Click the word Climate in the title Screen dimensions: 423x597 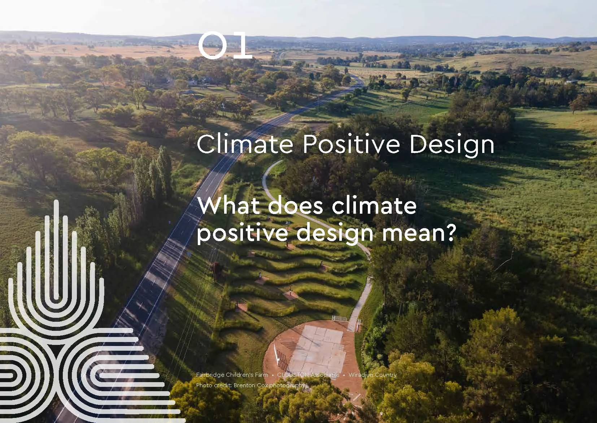(x=244, y=144)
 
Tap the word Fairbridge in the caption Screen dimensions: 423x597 (x=210, y=375)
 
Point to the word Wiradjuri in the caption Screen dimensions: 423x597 (x=360, y=375)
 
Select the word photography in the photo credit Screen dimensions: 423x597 (x=289, y=385)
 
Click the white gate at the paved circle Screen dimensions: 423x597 (x=339, y=319)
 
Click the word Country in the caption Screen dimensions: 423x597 (x=385, y=375)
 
